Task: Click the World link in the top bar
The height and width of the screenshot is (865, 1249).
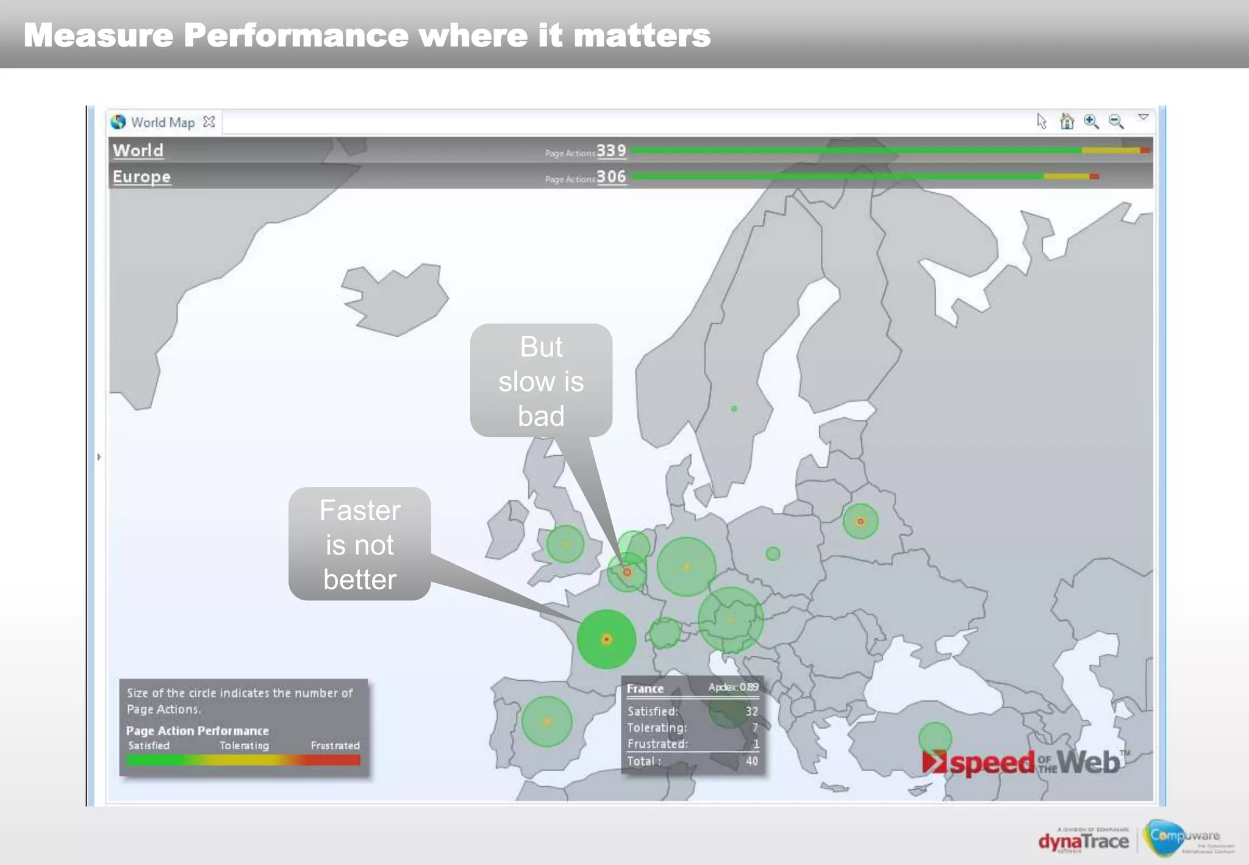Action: (x=138, y=151)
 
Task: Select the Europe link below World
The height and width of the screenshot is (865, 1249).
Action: (x=141, y=177)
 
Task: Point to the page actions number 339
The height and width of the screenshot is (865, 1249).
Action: (x=611, y=151)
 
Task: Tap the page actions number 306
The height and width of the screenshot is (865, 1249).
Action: (x=611, y=177)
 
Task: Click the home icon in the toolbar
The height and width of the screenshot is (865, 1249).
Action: (x=1067, y=121)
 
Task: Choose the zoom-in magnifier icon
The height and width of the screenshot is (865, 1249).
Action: (x=1091, y=121)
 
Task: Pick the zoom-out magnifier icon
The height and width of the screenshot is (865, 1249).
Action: (x=1116, y=121)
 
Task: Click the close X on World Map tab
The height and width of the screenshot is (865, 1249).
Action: (x=209, y=122)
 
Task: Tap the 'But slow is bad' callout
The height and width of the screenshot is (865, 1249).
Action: (x=541, y=381)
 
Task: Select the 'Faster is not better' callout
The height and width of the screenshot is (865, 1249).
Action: (x=360, y=544)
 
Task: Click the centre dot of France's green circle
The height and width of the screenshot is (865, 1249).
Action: (x=606, y=639)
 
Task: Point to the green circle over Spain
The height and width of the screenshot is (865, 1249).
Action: (x=547, y=722)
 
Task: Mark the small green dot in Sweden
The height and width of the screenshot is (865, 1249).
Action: (x=734, y=409)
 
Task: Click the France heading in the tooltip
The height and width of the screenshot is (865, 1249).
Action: (x=645, y=689)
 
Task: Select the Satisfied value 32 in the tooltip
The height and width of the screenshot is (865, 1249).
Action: (x=751, y=711)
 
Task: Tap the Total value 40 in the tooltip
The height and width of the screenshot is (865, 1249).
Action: (x=752, y=761)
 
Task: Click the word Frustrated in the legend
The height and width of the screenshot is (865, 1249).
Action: (x=335, y=745)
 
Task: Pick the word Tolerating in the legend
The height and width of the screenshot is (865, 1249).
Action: (x=244, y=745)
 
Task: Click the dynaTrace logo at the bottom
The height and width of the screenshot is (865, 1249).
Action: (x=1084, y=841)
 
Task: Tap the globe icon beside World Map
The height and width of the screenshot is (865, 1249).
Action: (x=118, y=122)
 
